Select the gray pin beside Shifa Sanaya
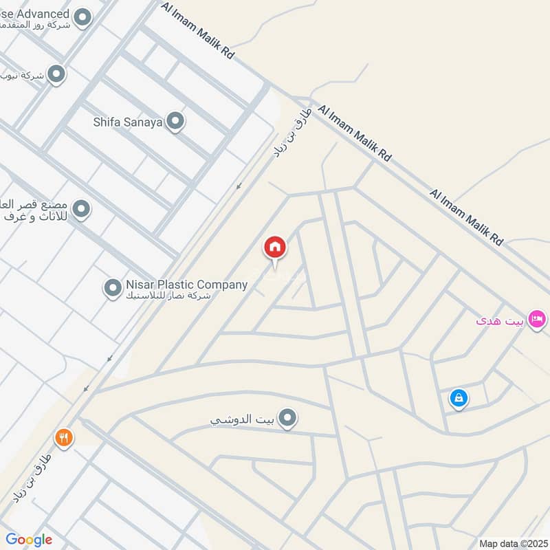click(176, 122)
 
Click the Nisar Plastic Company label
click(186, 285)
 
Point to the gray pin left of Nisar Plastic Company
click(113, 288)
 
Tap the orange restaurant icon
click(64, 437)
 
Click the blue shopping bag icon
click(459, 397)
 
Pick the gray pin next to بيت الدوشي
click(289, 417)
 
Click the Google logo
click(29, 540)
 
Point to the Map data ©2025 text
click(513, 543)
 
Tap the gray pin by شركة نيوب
click(56, 74)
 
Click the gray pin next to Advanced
click(82, 17)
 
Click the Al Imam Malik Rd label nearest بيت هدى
click(467, 217)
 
